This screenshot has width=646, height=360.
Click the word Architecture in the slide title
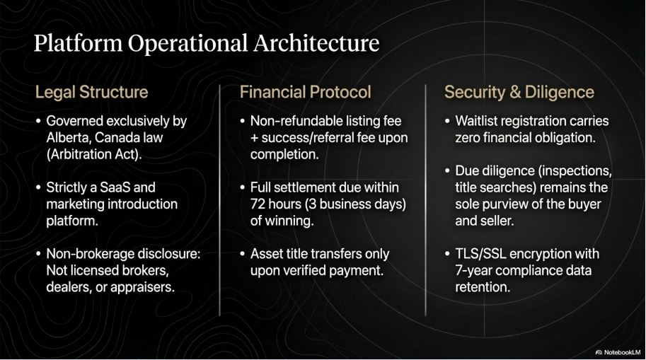tap(316, 43)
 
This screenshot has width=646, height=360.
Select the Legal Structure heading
tap(91, 92)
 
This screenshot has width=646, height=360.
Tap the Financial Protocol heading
tap(305, 92)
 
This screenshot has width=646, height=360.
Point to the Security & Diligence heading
tap(519, 92)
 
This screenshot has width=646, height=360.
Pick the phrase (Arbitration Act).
tap(94, 154)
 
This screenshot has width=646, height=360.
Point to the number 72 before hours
tap(258, 204)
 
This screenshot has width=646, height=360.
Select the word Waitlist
tap(475, 121)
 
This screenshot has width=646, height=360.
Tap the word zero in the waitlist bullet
tap(467, 138)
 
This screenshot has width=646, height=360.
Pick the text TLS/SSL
tap(480, 254)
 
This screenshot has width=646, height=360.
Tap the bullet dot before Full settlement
tap(243, 188)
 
